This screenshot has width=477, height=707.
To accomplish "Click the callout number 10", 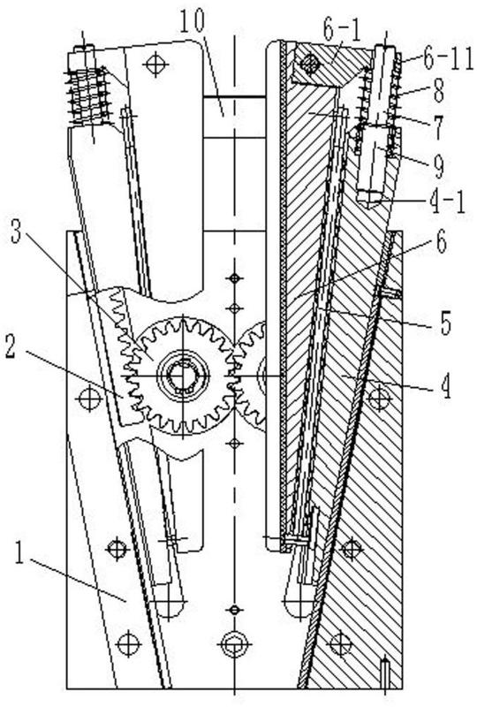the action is pos(192,20).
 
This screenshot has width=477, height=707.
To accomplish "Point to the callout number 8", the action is pos(438,91).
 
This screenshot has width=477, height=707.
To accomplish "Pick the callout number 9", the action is pos(437,164).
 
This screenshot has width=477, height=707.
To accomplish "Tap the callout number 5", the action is pos(445,323).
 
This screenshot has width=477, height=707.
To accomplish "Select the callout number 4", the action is pos(445,387).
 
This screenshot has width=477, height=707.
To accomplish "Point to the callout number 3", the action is pos(16,232).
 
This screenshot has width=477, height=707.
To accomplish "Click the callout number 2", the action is pos(11,348).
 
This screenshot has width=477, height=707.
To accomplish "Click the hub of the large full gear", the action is pos(183,375).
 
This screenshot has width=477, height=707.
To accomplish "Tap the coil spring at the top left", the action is pos(88,96).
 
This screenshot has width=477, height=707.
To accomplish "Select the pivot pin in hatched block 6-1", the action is pos(310,63).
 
